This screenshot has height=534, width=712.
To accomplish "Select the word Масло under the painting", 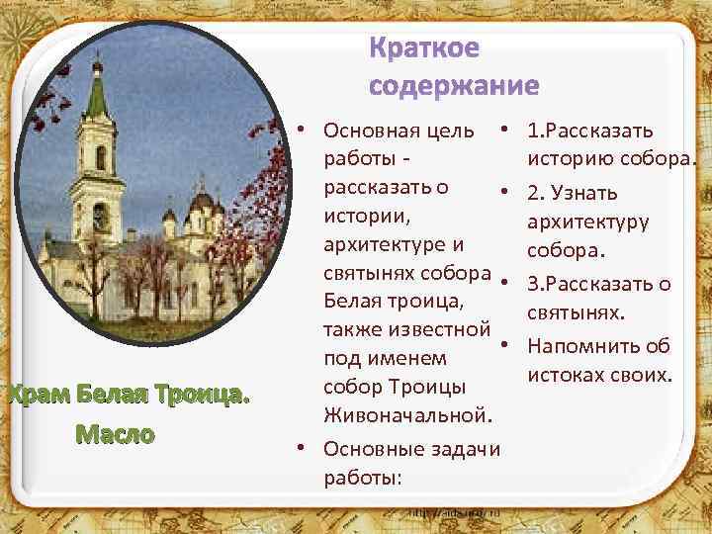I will click(x=119, y=433).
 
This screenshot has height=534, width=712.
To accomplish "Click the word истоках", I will click(x=571, y=376).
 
